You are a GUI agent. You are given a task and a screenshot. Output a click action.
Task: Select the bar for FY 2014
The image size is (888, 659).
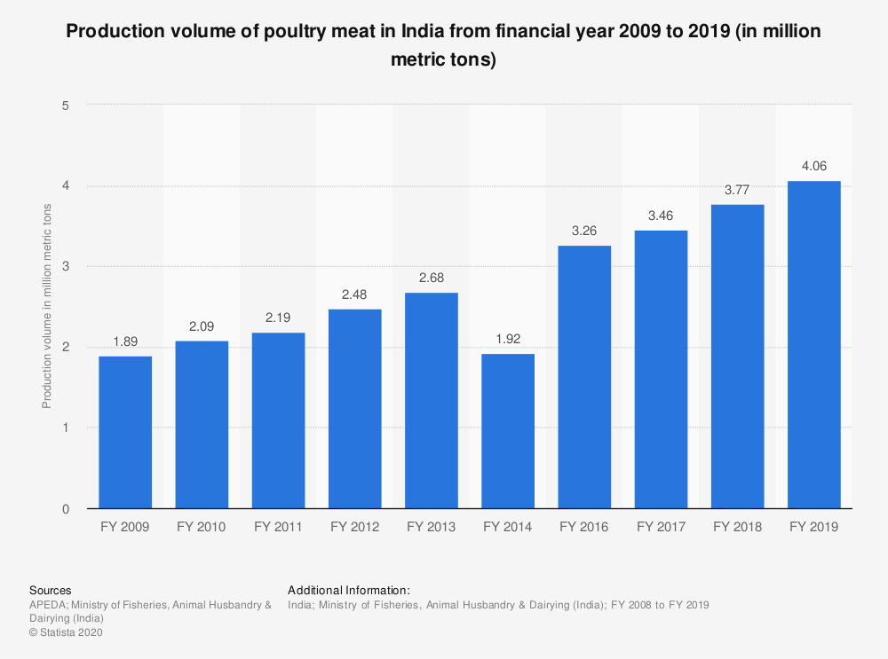point(508,431)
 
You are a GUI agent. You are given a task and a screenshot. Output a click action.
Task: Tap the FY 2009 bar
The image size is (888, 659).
point(125,432)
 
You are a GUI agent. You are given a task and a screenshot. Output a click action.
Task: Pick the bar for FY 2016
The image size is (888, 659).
point(584,377)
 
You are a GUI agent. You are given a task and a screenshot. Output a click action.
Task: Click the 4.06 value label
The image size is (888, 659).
point(814,166)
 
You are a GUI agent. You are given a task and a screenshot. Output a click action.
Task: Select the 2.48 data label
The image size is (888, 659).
point(354,294)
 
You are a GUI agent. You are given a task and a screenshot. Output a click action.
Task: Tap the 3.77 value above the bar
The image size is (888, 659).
point(738,190)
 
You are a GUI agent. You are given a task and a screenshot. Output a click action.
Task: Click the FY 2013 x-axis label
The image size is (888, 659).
point(431,527)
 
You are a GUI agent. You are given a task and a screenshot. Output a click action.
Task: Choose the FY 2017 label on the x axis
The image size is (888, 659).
point(661,527)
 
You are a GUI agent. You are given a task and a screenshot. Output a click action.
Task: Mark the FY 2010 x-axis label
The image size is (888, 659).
point(202,527)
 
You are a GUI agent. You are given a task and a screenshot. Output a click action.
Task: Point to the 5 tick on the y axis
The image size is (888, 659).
point(66,105)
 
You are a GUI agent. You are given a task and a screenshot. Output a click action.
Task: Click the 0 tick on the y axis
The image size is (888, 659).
point(66,509)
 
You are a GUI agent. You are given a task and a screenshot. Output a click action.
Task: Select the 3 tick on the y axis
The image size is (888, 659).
point(66,266)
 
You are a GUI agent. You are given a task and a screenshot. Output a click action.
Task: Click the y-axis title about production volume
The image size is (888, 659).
point(47,306)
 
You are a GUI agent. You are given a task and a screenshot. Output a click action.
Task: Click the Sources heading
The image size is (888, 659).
point(51,590)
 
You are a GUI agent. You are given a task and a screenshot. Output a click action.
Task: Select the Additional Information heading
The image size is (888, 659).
point(348,590)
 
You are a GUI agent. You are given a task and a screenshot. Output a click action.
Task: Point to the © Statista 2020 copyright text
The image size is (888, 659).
point(67,632)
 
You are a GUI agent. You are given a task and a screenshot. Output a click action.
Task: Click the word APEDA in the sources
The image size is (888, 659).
point(46,604)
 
